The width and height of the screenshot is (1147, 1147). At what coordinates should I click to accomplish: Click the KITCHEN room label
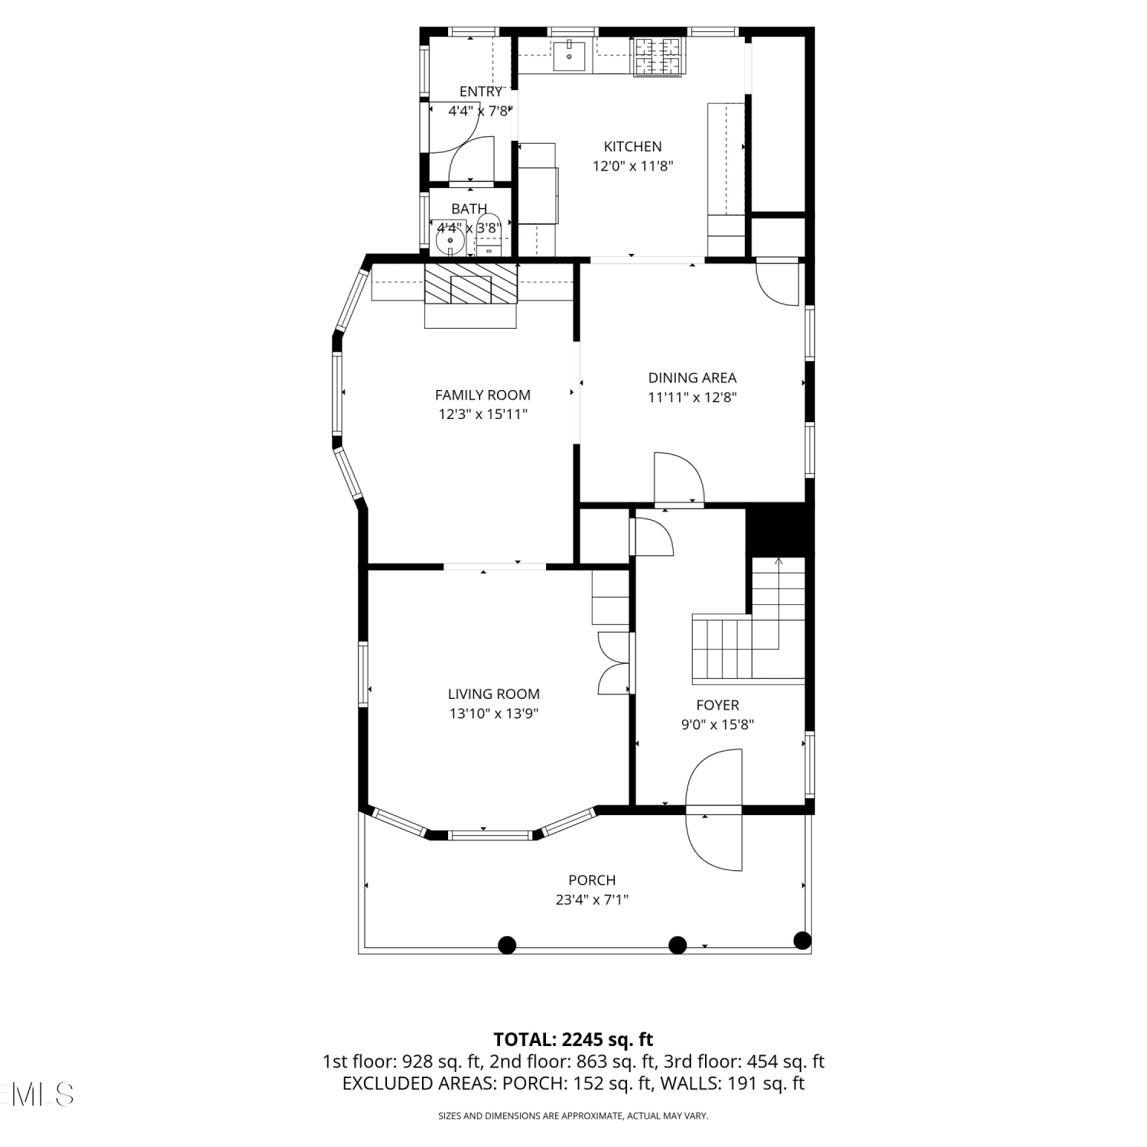tap(632, 146)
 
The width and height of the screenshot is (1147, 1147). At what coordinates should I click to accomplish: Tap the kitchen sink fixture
tap(570, 56)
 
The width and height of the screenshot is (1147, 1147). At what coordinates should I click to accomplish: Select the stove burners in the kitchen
tap(657, 57)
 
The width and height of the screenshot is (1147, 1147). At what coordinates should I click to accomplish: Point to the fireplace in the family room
tap(470, 295)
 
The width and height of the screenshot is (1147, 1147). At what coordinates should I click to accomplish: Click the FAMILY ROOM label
tap(483, 395)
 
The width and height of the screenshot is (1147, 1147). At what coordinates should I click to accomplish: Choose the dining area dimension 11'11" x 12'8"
tap(693, 397)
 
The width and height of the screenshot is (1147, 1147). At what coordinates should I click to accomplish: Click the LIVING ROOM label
tap(494, 694)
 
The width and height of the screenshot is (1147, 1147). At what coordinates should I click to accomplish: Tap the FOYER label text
tap(717, 705)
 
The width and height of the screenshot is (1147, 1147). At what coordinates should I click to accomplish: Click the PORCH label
tap(592, 880)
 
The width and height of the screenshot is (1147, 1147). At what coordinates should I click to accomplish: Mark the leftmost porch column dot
tap(507, 945)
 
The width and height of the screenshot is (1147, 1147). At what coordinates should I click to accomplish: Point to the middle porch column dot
tap(677, 945)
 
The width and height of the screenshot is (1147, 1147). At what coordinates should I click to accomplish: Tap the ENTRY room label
tap(481, 92)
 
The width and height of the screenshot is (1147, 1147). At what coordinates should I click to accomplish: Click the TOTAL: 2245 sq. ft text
tap(573, 1039)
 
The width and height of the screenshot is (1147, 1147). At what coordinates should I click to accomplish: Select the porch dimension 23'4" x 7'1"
tap(592, 900)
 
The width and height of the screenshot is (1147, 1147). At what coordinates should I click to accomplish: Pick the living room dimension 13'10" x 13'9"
tap(494, 713)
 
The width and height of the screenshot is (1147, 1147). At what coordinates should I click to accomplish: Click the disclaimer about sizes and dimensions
tap(573, 1116)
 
